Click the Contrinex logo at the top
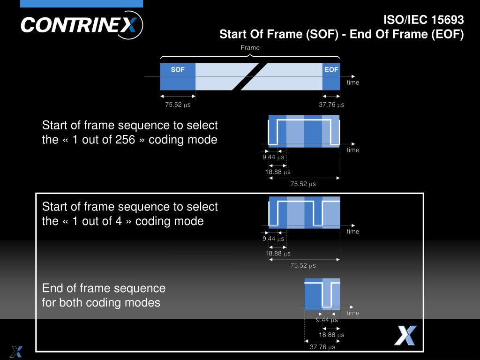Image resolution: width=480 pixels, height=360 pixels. point(82,25)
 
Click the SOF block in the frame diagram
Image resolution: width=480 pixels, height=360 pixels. point(178,76)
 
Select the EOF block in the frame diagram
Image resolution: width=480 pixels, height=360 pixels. point(331,76)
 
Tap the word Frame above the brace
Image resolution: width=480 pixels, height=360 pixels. point(250,47)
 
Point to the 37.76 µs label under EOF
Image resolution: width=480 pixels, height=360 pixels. point(331,105)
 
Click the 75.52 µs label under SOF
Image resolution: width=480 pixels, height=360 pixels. point(178,105)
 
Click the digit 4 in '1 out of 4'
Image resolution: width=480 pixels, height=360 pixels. point(119,221)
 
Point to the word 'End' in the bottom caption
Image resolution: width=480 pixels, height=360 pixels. point(52,288)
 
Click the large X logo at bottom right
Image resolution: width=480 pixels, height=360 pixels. point(405,336)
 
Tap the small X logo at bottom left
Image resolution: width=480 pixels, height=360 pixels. point(16,352)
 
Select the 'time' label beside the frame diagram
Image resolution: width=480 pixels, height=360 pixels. point(352,82)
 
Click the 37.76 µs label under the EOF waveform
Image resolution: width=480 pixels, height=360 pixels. point(322,347)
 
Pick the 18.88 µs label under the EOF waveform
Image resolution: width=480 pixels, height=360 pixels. point(331,335)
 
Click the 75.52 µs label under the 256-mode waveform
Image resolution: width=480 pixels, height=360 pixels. point(303,184)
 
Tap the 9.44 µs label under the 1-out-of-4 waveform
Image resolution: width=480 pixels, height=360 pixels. point(273,239)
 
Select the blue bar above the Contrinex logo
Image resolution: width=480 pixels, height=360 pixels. point(82,4)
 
